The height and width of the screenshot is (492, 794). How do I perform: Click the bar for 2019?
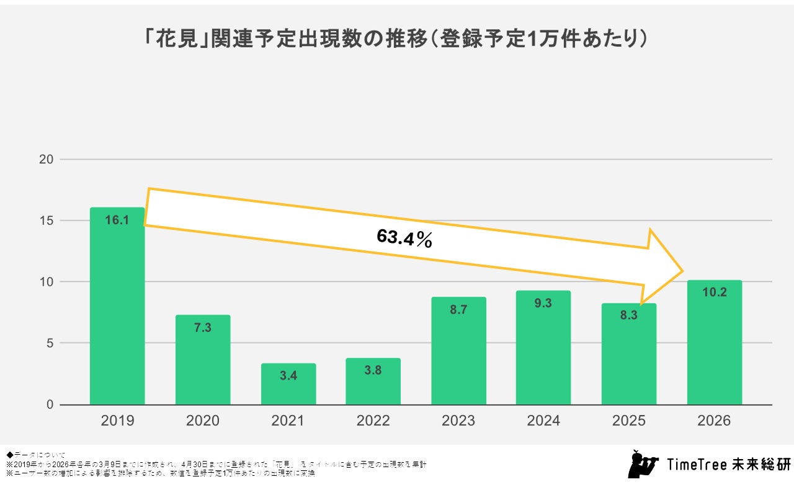coord(117,311)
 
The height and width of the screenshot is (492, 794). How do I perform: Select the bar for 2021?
coord(288,385)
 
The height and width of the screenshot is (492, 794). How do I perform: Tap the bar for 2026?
coord(715,348)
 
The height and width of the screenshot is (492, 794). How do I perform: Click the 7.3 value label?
coord(203,327)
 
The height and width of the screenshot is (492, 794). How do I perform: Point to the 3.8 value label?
coord(373,370)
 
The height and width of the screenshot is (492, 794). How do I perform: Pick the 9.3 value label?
coord(544,303)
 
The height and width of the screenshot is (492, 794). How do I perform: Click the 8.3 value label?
coord(629,315)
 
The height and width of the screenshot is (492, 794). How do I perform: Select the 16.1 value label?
coord(117,220)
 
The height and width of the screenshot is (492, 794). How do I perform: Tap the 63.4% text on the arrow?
coord(404,238)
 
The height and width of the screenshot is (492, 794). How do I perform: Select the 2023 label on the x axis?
coord(458,421)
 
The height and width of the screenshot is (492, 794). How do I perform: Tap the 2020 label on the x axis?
coord(203,421)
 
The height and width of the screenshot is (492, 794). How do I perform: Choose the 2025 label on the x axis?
coord(629,421)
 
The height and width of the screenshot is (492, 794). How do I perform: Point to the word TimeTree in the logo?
coord(697,465)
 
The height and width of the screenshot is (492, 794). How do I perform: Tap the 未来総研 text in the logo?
coord(761,465)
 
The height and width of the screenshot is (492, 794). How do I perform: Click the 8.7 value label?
coord(458,309)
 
